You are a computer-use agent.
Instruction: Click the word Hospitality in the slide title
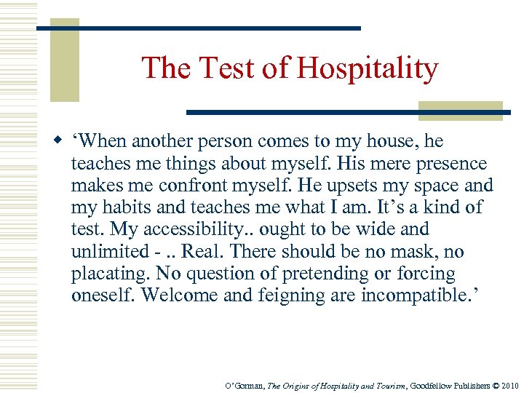click(366, 68)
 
